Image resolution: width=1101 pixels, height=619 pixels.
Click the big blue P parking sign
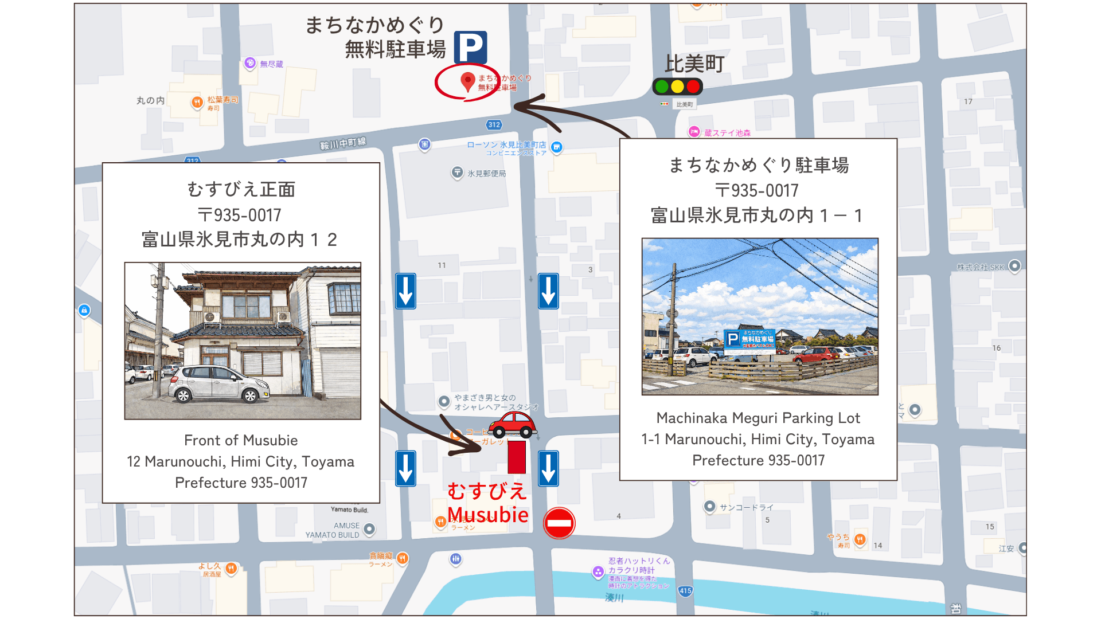click(x=470, y=47)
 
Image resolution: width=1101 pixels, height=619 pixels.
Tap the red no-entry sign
click(x=559, y=523)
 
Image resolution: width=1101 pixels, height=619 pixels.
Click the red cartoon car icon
click(x=513, y=425)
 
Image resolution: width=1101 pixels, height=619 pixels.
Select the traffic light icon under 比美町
click(x=677, y=87)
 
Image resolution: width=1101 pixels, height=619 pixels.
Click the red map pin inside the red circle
click(x=467, y=81)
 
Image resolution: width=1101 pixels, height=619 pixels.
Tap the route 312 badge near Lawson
click(x=494, y=124)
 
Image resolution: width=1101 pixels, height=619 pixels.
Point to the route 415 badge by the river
click(x=685, y=591)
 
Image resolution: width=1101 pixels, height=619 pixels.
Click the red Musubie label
click(x=487, y=514)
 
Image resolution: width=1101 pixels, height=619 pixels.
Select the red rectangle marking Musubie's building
click(x=517, y=457)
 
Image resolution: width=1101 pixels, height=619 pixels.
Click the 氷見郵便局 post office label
click(x=486, y=173)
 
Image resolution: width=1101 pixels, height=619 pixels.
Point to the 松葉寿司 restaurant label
click(x=222, y=100)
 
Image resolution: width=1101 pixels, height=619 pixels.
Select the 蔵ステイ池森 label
click(x=727, y=133)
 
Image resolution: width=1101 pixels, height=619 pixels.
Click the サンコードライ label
click(x=746, y=507)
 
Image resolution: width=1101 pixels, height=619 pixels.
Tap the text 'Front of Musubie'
click(x=241, y=440)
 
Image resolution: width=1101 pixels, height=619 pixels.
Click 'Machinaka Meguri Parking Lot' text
click(x=758, y=418)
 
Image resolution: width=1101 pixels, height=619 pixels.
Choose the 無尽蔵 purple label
click(x=271, y=64)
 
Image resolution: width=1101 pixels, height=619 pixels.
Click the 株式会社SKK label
click(x=981, y=267)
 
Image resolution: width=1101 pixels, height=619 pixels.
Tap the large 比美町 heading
click(x=694, y=64)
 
